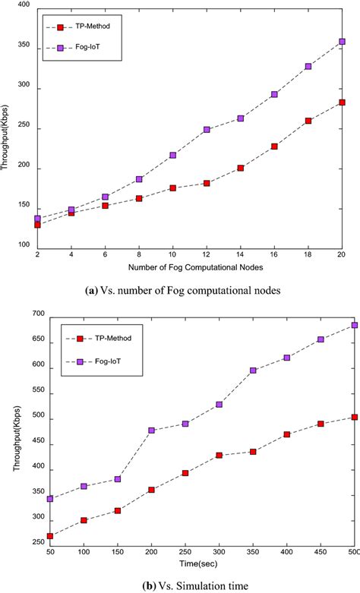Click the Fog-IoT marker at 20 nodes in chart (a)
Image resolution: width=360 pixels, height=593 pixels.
click(x=342, y=42)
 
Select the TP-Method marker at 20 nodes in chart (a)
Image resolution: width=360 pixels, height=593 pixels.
click(x=342, y=103)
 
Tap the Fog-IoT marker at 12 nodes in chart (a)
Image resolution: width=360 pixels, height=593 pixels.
click(x=207, y=130)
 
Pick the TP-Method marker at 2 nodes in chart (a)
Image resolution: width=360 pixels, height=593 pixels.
click(x=37, y=225)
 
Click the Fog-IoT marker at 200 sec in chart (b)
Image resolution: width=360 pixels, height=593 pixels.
click(x=152, y=431)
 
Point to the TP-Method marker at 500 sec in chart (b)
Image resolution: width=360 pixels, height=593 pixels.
click(x=354, y=417)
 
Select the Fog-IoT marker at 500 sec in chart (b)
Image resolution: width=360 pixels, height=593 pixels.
click(x=354, y=325)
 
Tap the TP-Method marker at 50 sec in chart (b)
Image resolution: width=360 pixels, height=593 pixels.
click(x=49, y=536)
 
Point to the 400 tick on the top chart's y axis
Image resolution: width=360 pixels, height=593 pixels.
click(x=24, y=6)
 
